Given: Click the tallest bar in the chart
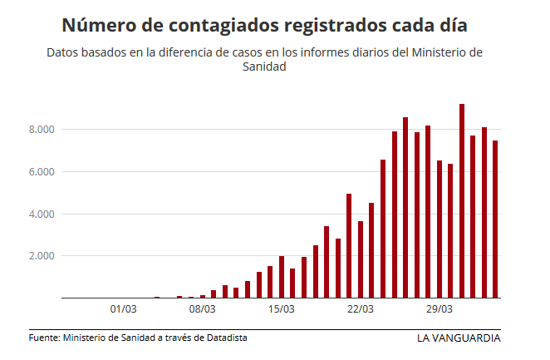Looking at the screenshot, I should pos(462,200).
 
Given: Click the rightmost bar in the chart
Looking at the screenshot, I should pos(495,219).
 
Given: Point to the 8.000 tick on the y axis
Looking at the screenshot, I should pos(42,130).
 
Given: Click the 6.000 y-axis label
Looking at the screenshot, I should pos(42,172).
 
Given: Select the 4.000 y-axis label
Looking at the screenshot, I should pos(42,215).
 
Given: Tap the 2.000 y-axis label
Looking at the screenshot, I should pos(42,256).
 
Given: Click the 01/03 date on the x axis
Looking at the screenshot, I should pos(123,309).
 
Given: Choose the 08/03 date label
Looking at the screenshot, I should pos(202,309).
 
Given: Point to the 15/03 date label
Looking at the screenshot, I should pos(281,309).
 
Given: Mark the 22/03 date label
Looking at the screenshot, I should pos(360,309).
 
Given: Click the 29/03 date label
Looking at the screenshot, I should pos(439,309).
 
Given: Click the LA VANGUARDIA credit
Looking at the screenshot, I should pos(459,338).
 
